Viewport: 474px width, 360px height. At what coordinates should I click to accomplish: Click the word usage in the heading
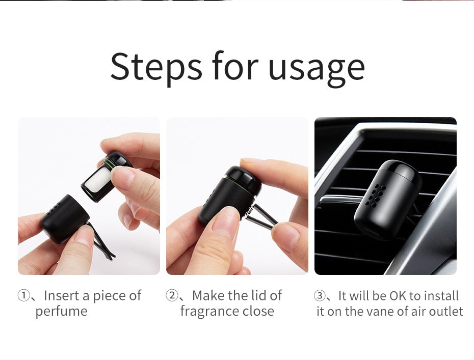click(316, 69)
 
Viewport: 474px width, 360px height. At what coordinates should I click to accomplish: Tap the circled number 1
click(23, 295)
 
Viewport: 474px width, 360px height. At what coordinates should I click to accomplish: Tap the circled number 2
click(171, 295)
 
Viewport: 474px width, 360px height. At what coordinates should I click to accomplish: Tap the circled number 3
click(319, 296)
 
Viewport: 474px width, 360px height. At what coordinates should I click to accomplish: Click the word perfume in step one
click(61, 312)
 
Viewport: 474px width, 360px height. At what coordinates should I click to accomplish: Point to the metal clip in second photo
click(259, 214)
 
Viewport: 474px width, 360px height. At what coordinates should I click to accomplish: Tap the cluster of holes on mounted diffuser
click(376, 195)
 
